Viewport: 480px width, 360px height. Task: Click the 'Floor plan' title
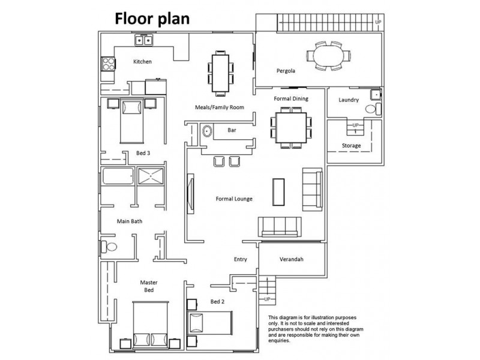pyautogui.click(x=152, y=19)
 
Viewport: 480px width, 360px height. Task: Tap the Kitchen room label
pyautogui.click(x=142, y=62)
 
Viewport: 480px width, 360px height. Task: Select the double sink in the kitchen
pyautogui.click(x=143, y=40)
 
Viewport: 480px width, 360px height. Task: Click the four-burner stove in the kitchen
pyautogui.click(x=109, y=64)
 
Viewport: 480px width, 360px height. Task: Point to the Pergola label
pyautogui.click(x=286, y=71)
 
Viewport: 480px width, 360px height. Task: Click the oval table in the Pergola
pyautogui.click(x=329, y=56)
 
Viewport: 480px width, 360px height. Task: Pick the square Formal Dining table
pyautogui.click(x=291, y=128)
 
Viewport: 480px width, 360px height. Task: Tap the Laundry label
pyautogui.click(x=349, y=100)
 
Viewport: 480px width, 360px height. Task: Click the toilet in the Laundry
pyautogui.click(x=373, y=109)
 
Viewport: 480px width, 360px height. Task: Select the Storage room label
pyautogui.click(x=351, y=146)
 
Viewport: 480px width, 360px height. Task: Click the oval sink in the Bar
pyautogui.click(x=207, y=131)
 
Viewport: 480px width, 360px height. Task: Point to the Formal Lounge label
pyautogui.click(x=234, y=199)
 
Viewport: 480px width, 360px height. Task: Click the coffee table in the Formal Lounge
pyautogui.click(x=278, y=192)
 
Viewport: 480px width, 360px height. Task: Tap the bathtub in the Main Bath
pyautogui.click(x=118, y=176)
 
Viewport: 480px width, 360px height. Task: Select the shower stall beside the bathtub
pyautogui.click(x=151, y=176)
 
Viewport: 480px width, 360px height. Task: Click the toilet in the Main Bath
pyautogui.click(x=109, y=247)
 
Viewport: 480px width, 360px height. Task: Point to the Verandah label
pyautogui.click(x=292, y=259)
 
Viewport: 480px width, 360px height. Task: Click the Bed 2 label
pyautogui.click(x=217, y=302)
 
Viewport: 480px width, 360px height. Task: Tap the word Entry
pyautogui.click(x=241, y=259)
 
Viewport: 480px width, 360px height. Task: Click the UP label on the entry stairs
pyautogui.click(x=267, y=299)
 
